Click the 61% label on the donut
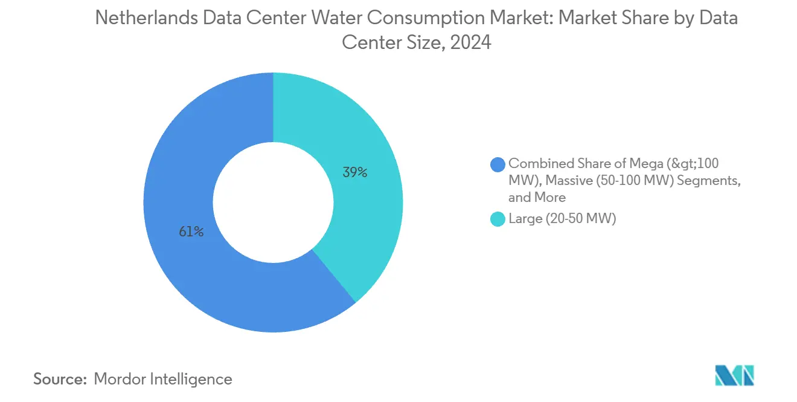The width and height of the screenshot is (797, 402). click(191, 232)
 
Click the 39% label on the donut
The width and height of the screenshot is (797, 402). click(355, 172)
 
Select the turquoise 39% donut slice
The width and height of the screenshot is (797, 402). click(362, 230)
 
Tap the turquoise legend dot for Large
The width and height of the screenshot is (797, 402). click(498, 219)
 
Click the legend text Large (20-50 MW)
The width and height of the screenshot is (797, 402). click(562, 219)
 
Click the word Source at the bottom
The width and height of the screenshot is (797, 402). click(59, 379)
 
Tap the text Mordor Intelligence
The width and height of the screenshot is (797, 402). click(163, 379)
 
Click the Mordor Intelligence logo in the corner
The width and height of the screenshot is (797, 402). click(734, 375)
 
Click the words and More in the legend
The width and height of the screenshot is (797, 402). click(537, 197)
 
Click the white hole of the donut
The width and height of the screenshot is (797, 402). click(273, 202)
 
